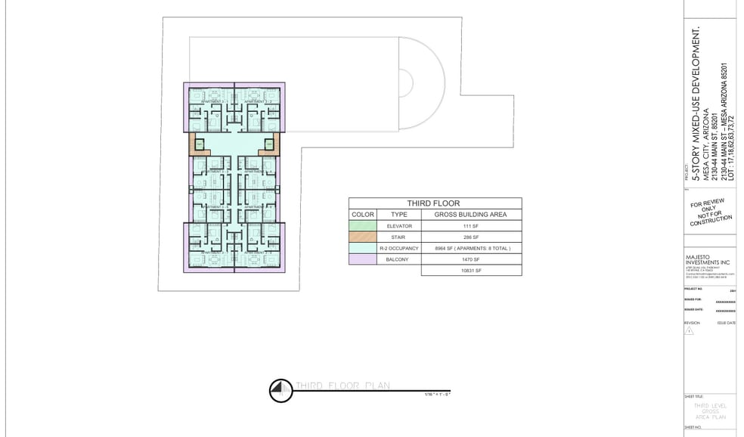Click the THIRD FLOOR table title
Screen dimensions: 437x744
pyautogui.click(x=434, y=203)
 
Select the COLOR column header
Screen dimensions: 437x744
pyautogui.click(x=363, y=215)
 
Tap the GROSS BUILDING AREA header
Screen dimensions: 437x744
pyautogui.click(x=471, y=215)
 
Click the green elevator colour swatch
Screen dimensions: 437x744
pyautogui.click(x=363, y=226)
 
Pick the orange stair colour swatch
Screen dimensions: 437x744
pyautogui.click(x=363, y=237)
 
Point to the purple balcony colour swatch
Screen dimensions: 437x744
pyautogui.click(x=363, y=259)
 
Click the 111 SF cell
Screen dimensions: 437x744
pyautogui.click(x=471, y=226)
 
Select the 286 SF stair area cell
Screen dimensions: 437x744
pyautogui.click(x=471, y=237)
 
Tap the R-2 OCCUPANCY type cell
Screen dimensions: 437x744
pyautogui.click(x=399, y=248)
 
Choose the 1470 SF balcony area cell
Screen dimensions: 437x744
pyautogui.click(x=471, y=259)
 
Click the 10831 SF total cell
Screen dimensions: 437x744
pyautogui.click(x=471, y=270)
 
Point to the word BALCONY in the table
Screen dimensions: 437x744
pyautogui.click(x=399, y=259)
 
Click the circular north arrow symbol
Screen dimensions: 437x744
pyautogui.click(x=281, y=389)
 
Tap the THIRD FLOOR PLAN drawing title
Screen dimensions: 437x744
pyautogui.click(x=343, y=386)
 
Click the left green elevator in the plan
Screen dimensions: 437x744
pyautogui.click(x=200, y=144)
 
